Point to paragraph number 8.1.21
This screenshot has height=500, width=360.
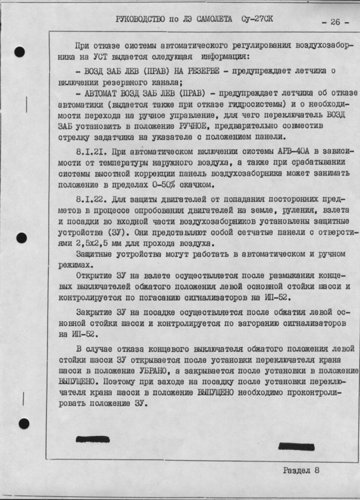[90, 154]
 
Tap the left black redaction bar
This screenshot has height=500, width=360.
[97, 441]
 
